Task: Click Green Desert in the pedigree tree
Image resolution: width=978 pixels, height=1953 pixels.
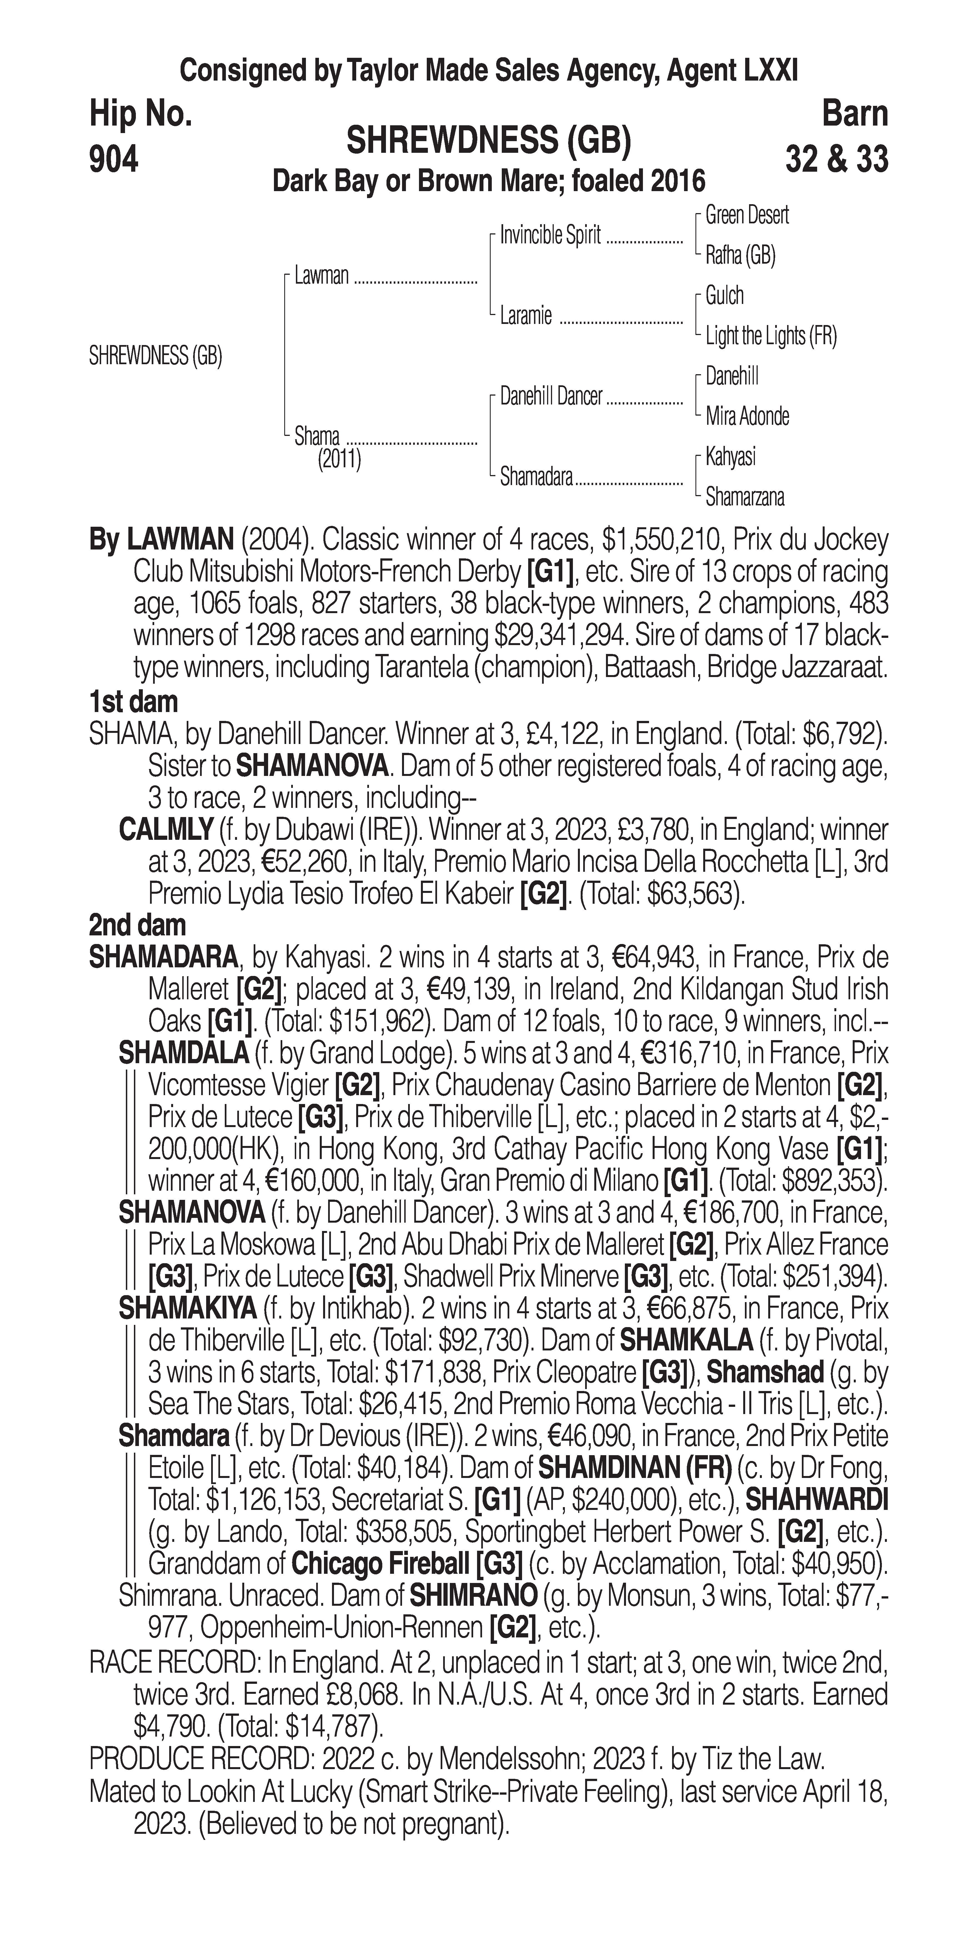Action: (747, 215)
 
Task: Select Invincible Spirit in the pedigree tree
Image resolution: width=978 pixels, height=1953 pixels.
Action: (550, 236)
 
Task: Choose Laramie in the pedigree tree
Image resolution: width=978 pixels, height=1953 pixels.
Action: (525, 315)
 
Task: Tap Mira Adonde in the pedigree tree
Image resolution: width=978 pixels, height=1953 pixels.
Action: (747, 416)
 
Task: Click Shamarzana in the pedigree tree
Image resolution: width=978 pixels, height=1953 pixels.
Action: (745, 497)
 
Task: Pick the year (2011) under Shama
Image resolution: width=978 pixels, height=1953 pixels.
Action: (339, 459)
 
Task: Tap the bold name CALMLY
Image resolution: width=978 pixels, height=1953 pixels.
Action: (165, 830)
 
